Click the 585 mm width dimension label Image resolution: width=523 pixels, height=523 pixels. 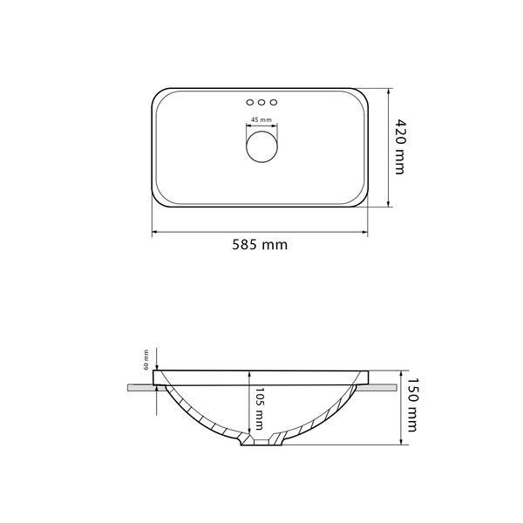pos(260,245)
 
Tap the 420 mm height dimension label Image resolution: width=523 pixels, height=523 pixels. pos(400,146)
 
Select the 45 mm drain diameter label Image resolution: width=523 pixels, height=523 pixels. pos(261,119)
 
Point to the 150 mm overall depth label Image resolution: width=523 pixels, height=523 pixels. pos(412,404)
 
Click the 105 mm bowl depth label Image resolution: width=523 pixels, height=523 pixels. pos(259,409)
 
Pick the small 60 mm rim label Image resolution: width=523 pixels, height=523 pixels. pos(146,359)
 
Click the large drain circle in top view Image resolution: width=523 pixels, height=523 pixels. pos(261,146)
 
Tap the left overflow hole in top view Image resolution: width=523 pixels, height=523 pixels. pos(250,102)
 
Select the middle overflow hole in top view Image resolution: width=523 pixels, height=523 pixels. pos(261,102)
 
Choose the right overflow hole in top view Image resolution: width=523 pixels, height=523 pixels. pos(274,102)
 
